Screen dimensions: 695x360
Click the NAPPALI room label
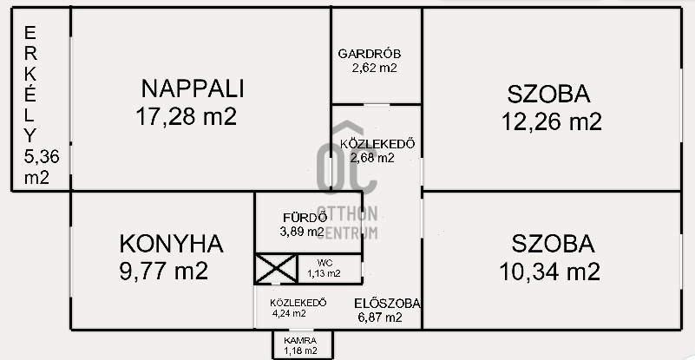tap(193, 88)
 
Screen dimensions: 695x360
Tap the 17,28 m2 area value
tap(187, 117)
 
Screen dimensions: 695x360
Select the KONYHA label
tap(172, 244)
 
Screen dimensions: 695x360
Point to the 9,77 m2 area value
tap(164, 271)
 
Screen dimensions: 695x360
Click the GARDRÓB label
tap(370, 54)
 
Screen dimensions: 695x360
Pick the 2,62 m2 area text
tap(374, 69)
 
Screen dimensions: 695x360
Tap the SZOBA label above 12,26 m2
tap(548, 94)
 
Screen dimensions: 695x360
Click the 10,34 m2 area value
tap(549, 272)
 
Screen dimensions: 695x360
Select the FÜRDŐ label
tap(305, 217)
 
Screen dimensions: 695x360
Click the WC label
tap(325, 263)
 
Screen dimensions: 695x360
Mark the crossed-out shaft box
tap(276, 269)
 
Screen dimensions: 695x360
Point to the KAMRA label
tap(300, 341)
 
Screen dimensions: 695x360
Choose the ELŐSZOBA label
tap(387, 304)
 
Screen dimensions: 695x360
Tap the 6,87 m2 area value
tap(380, 317)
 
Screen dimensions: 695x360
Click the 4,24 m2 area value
tap(289, 313)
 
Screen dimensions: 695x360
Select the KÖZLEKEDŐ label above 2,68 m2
tap(377, 144)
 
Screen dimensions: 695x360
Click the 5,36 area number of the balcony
tap(42, 156)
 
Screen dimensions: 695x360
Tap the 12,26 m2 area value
tap(551, 121)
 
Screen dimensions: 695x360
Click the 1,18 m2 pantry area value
tap(301, 351)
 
